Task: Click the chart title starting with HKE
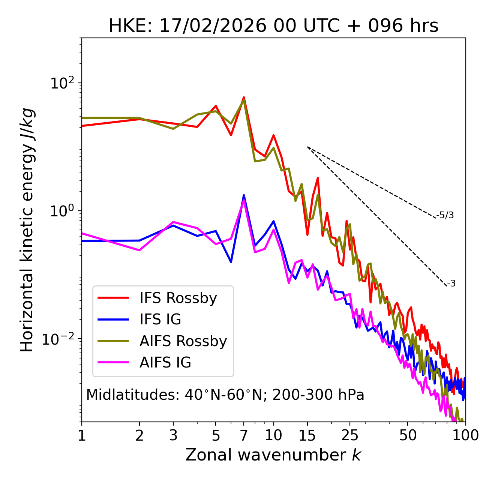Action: [x=273, y=26]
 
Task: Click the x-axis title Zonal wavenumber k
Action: [x=273, y=454]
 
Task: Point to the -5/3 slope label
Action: [x=445, y=215]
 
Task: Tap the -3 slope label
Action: [x=451, y=284]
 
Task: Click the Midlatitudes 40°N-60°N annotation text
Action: [x=225, y=395]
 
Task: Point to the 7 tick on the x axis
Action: [x=244, y=435]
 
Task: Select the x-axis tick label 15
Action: [x=307, y=435]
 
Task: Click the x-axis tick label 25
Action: [x=350, y=435]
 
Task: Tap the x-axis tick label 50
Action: [x=408, y=435]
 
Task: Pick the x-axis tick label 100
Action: [x=465, y=435]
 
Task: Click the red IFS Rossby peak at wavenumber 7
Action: [x=244, y=97]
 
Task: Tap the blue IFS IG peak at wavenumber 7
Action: [x=244, y=195]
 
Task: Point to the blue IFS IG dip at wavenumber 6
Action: [x=231, y=261]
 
